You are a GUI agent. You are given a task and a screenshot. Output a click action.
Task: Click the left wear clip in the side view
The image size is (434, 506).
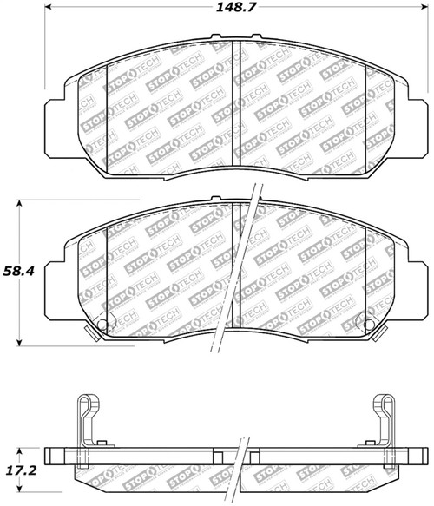click(87, 425)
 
